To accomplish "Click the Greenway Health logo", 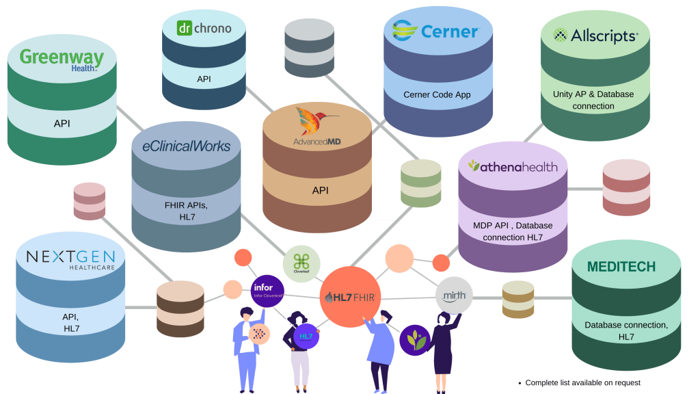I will pos(62,59).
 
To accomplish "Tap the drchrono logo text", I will pos(204,28).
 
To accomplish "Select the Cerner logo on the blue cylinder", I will pos(435,31).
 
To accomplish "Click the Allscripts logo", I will pos(595,36).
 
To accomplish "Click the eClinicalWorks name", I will pos(186,146).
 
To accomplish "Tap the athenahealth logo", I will pos(512,166).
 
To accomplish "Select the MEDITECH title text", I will pos(621,267).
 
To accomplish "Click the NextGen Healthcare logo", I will pos(70,260).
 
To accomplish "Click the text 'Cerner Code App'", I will pos(437,94).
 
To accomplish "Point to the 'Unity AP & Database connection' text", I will pos(593,100).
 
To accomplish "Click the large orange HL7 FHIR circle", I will pos(351,296).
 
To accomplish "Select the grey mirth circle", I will pos(454,295).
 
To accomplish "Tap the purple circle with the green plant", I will pos(414,339).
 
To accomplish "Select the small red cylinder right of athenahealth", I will pos(626,187).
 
